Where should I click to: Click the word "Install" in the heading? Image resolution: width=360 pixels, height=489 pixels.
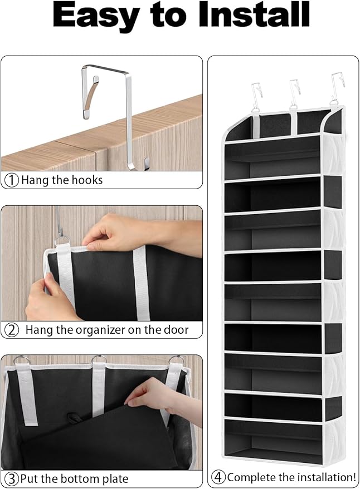click(x=254, y=14)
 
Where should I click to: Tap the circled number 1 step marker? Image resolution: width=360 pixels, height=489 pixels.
click(x=12, y=180)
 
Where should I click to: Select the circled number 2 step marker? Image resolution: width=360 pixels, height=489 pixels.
click(x=12, y=330)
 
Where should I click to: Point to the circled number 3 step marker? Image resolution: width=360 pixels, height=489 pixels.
click(x=12, y=479)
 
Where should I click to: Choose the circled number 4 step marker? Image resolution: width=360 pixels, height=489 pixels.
click(x=218, y=477)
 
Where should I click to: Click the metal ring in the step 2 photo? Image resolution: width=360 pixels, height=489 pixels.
click(x=62, y=241)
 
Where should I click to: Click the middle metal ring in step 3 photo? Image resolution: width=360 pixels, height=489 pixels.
click(x=99, y=359)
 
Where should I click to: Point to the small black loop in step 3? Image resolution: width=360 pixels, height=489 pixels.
click(x=74, y=418)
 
